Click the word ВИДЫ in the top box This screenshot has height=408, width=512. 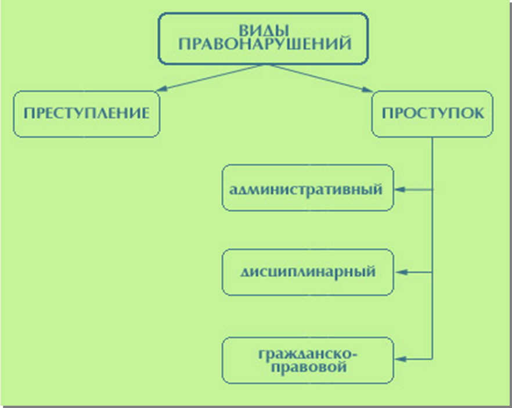tap(264, 30)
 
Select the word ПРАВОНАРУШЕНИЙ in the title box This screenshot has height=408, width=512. tap(265, 44)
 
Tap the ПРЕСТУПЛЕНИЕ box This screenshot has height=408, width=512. tap(86, 114)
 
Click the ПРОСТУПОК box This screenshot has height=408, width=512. tap(432, 114)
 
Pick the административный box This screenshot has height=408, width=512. tap(308, 188)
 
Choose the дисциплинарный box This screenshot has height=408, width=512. tap(308, 272)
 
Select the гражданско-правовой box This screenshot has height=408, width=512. tap(308, 360)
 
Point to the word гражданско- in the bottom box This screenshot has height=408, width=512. tap(308, 355)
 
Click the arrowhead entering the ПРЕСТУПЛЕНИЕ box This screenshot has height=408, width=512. tap(161, 89)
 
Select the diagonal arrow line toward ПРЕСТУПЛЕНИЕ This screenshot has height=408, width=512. tap(210, 77)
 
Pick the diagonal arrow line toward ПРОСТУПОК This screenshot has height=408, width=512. tap(320, 78)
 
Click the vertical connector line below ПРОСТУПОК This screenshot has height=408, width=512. tap(432, 248)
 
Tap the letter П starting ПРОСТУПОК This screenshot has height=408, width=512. tap(387, 113)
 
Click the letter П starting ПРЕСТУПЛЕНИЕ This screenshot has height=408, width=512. tap(29, 113)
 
